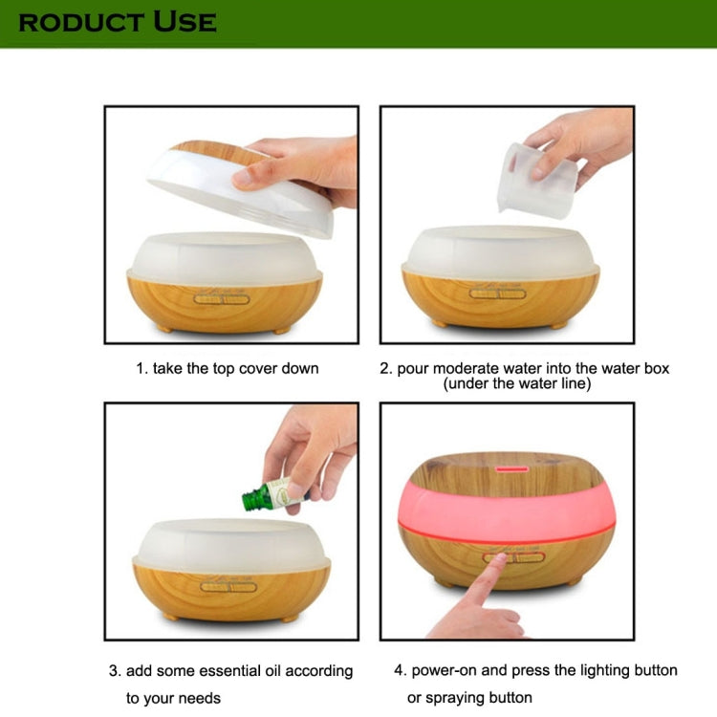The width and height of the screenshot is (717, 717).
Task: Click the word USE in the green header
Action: tap(185, 22)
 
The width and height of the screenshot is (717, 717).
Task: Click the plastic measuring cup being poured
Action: tap(536, 180)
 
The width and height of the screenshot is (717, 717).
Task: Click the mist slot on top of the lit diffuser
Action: tap(512, 469)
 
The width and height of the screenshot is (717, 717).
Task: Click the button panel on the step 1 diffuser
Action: tap(222, 299)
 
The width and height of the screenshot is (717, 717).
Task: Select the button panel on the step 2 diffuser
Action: tap(497, 293)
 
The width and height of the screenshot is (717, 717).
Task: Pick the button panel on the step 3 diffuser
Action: tap(228, 587)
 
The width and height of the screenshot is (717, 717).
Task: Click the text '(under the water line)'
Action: tap(517, 383)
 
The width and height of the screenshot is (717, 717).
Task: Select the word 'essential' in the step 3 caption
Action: tap(230, 671)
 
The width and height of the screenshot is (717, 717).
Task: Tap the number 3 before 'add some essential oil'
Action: tap(113, 671)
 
